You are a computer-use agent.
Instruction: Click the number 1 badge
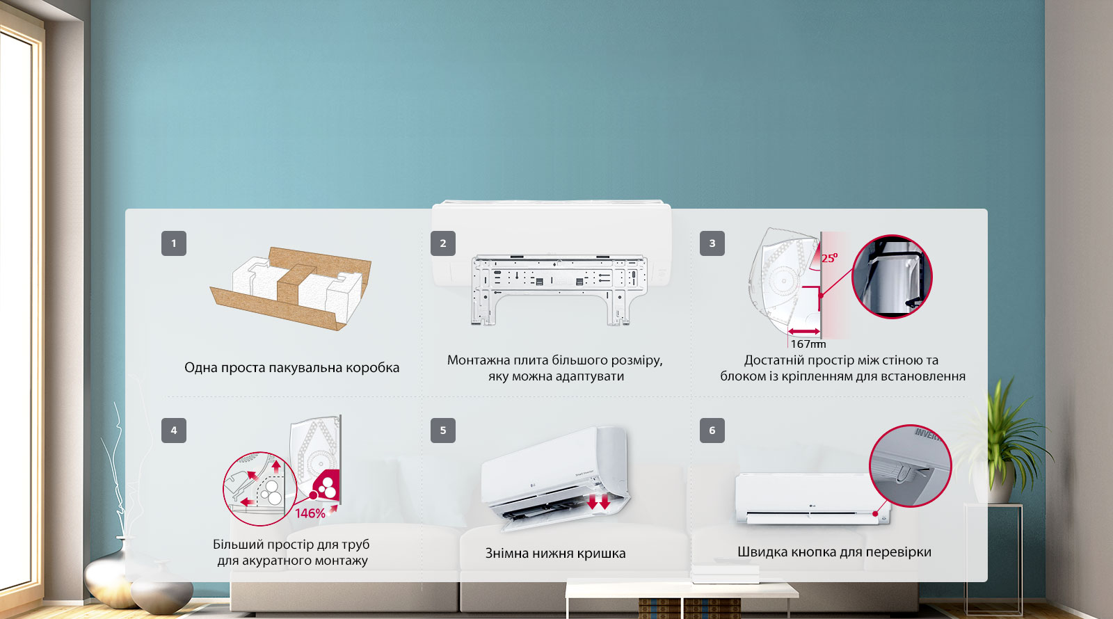pyautogui.click(x=173, y=243)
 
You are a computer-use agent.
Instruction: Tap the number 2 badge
pyautogui.click(x=442, y=243)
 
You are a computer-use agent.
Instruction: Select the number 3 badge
pyautogui.click(x=712, y=243)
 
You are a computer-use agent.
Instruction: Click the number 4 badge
pyautogui.click(x=173, y=431)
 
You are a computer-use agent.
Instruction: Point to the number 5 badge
pyautogui.click(x=442, y=431)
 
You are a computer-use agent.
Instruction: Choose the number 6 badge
pyautogui.click(x=712, y=431)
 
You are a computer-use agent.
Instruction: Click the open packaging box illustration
pyautogui.click(x=291, y=288)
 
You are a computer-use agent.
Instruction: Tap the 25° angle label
pyautogui.click(x=829, y=258)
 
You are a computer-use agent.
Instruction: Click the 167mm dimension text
pyautogui.click(x=808, y=344)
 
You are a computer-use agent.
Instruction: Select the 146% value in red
pyautogui.click(x=310, y=513)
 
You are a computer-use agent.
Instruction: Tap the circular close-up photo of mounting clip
pyautogui.click(x=892, y=277)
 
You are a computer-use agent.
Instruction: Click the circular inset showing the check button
pyautogui.click(x=911, y=466)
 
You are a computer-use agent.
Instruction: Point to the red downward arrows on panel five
pyautogui.click(x=598, y=501)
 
